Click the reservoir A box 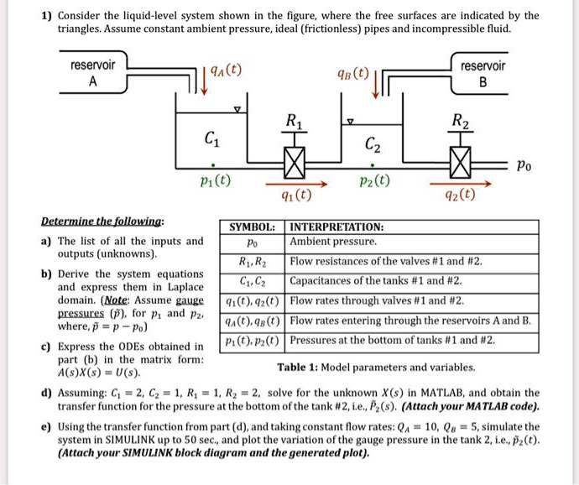click(x=93, y=73)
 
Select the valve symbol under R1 click(x=294, y=159)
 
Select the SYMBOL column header click(x=253, y=227)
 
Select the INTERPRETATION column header click(x=336, y=227)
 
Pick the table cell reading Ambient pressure click(x=333, y=242)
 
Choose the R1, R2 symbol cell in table click(x=253, y=261)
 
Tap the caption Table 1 click(x=377, y=367)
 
